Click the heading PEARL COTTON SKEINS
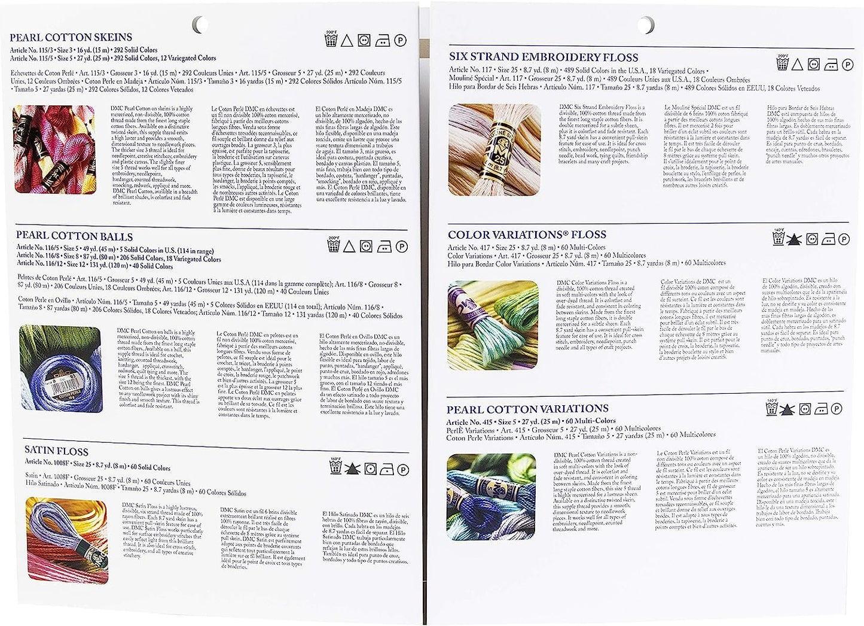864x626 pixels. tap(71, 38)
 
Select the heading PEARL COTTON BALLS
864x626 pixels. tap(74, 236)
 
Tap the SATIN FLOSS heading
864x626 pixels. tap(56, 451)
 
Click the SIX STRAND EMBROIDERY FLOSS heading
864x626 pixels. tap(544, 57)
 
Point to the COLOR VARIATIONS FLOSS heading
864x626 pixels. tap(527, 235)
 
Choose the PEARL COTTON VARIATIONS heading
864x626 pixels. tap(528, 409)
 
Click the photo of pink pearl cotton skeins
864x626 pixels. tap(54, 150)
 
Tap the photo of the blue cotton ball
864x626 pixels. tap(60, 369)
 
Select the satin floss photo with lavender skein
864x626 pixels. tap(67, 539)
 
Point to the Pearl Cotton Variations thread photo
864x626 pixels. tap(491, 496)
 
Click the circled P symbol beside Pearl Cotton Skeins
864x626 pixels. tap(399, 40)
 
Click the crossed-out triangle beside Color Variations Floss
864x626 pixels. tap(795, 239)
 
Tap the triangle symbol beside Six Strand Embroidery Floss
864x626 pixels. tap(796, 65)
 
